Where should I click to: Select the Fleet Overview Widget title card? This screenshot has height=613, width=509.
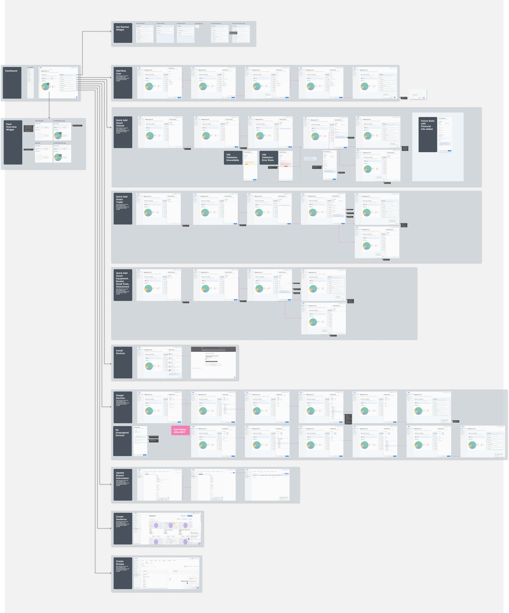coord(13,142)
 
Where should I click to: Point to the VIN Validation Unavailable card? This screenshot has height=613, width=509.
coord(233,158)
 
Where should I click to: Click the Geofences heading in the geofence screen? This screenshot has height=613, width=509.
coord(152,516)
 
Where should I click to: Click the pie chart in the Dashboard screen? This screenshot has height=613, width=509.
coord(45,86)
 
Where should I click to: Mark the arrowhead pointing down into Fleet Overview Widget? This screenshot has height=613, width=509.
coord(49,118)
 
